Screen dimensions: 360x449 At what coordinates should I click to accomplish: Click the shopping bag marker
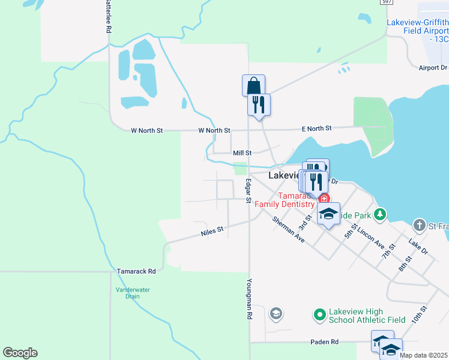[253, 85]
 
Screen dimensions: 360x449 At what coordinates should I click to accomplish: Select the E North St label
[316, 128]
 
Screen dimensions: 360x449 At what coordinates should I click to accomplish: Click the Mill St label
[242, 153]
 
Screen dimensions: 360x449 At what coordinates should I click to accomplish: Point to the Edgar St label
[247, 191]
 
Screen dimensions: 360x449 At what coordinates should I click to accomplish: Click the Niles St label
[212, 229]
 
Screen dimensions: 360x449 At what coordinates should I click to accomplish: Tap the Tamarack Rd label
[136, 271]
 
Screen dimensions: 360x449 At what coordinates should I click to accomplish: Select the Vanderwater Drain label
[133, 293]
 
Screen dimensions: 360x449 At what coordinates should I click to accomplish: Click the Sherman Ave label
[288, 230]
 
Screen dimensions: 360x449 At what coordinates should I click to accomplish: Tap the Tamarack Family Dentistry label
[285, 200]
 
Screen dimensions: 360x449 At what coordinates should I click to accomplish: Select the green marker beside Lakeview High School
[319, 314]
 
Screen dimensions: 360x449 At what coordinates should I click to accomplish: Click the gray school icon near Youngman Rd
[276, 313]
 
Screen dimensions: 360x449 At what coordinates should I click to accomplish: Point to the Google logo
[20, 353]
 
